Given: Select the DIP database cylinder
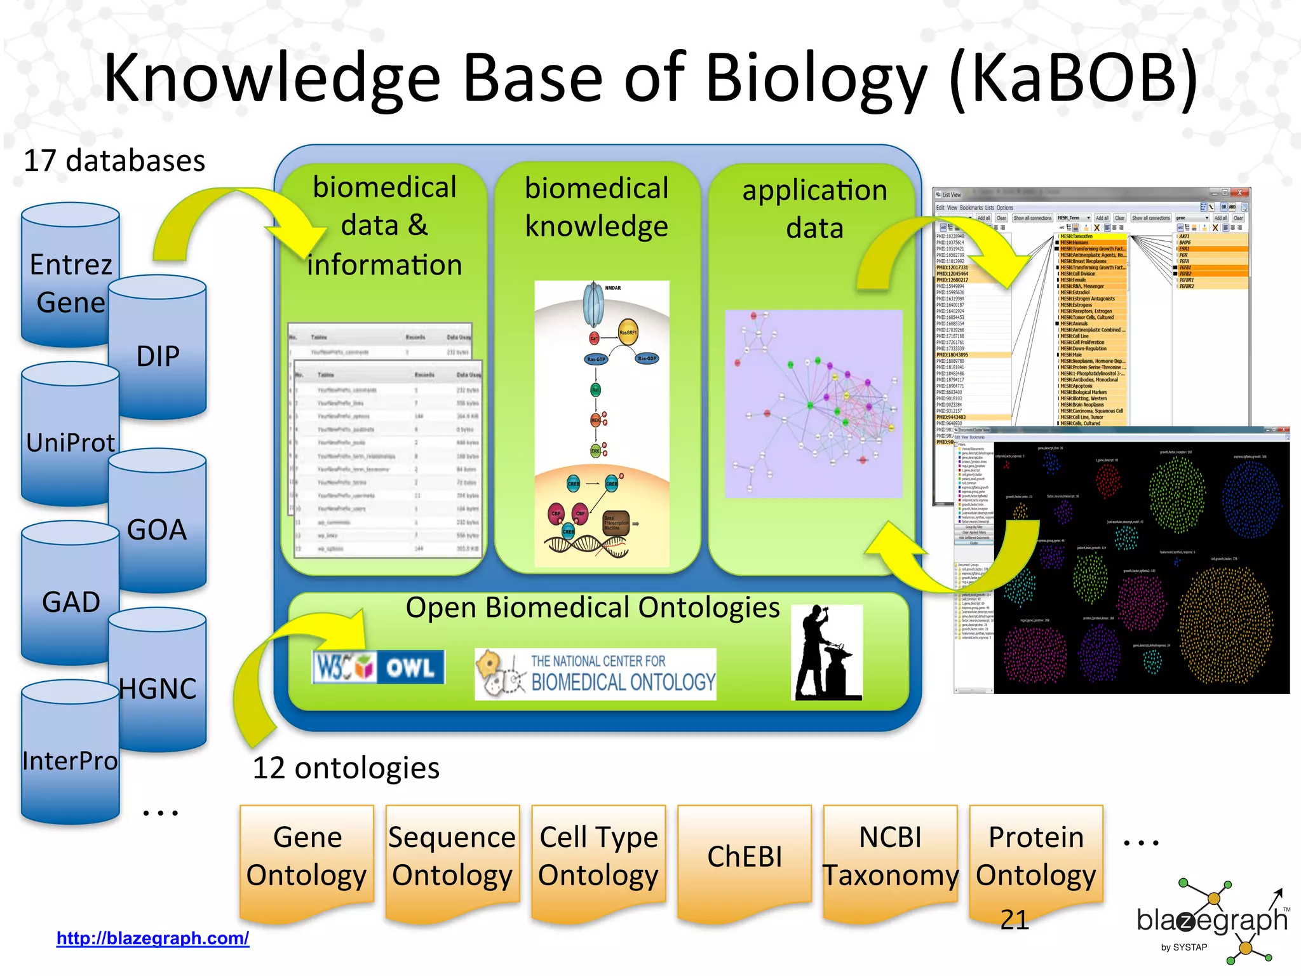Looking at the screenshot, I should pyautogui.click(x=158, y=356).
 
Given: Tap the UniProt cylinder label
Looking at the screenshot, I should pyautogui.click(x=70, y=442).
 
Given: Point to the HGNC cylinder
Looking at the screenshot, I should pyautogui.click(x=158, y=688).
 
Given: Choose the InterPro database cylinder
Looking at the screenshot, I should pyautogui.click(x=70, y=760).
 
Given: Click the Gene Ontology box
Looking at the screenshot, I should pyautogui.click(x=307, y=856).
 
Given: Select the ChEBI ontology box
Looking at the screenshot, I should pyautogui.click(x=745, y=856).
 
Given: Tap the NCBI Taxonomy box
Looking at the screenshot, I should pyautogui.click(x=890, y=856).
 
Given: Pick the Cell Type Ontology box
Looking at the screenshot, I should pyautogui.click(x=598, y=856).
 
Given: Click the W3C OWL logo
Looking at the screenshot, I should pyautogui.click(x=379, y=667).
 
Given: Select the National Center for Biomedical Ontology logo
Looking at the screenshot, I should pyautogui.click(x=595, y=674).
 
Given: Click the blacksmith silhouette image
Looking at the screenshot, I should pyautogui.click(x=826, y=653).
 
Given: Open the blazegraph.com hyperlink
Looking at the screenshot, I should pyautogui.click(x=152, y=938).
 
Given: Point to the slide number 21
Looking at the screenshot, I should pyautogui.click(x=1014, y=919).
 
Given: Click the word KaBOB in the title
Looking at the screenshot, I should pyautogui.click(x=1074, y=78).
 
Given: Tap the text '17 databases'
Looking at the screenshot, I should pyautogui.click(x=114, y=160).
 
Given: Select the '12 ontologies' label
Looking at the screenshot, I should pyautogui.click(x=346, y=768).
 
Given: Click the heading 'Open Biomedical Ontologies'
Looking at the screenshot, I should pyautogui.click(x=592, y=607).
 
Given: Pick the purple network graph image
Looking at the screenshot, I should pyautogui.click(x=814, y=404).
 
